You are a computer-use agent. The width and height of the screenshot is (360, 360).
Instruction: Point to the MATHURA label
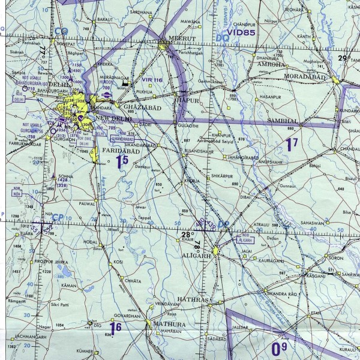click(169, 324)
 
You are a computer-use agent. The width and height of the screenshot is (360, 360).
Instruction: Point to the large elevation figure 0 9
click(279, 347)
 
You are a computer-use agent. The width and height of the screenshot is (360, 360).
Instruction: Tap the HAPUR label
click(188, 102)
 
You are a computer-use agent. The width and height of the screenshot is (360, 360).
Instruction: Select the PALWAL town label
click(87, 203)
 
